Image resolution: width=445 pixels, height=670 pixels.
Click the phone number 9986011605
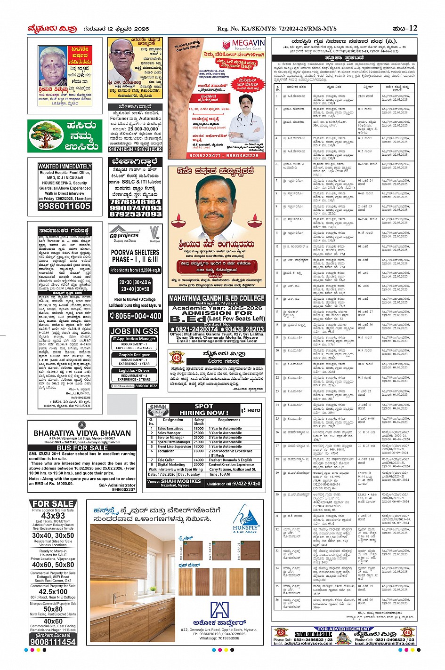[x=65, y=206]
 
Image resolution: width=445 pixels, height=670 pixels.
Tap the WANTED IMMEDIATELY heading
[x=65, y=167]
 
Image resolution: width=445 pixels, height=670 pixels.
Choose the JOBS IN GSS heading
[x=134, y=331]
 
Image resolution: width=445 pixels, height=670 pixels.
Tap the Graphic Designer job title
[x=134, y=355]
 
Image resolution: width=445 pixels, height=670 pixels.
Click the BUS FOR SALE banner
[x=82, y=448]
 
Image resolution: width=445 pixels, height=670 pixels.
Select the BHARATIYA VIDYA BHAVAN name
[x=82, y=433]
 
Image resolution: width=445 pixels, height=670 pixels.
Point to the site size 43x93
[x=53, y=516]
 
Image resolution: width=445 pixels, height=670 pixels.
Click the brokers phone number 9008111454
[x=53, y=642]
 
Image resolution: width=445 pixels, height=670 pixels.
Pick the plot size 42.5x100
[x=53, y=591]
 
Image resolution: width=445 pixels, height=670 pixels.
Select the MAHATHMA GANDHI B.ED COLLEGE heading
[x=217, y=298]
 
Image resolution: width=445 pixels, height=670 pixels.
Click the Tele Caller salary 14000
[x=199, y=460]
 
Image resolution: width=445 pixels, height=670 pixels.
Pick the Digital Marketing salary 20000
[x=199, y=464]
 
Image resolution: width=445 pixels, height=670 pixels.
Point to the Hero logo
[x=251, y=410]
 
